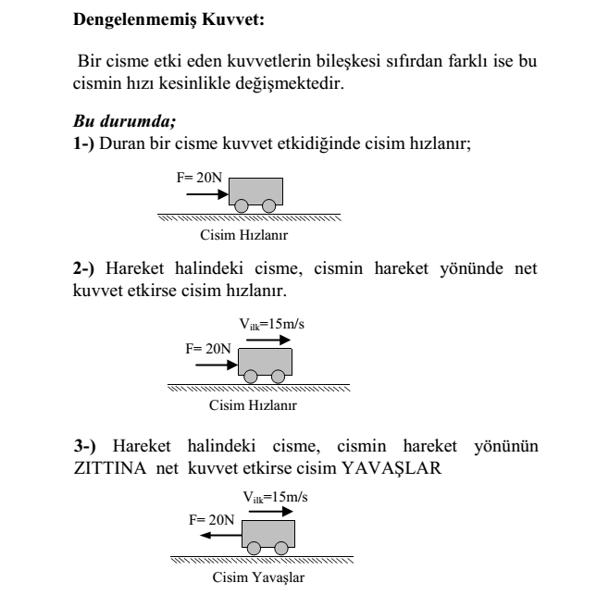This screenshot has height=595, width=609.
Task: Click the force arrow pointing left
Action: [x=222, y=535]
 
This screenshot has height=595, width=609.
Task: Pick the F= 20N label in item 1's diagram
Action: [x=197, y=176]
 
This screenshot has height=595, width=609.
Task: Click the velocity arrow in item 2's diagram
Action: [x=268, y=339]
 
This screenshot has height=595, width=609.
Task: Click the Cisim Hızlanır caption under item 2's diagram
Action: [x=253, y=404]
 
